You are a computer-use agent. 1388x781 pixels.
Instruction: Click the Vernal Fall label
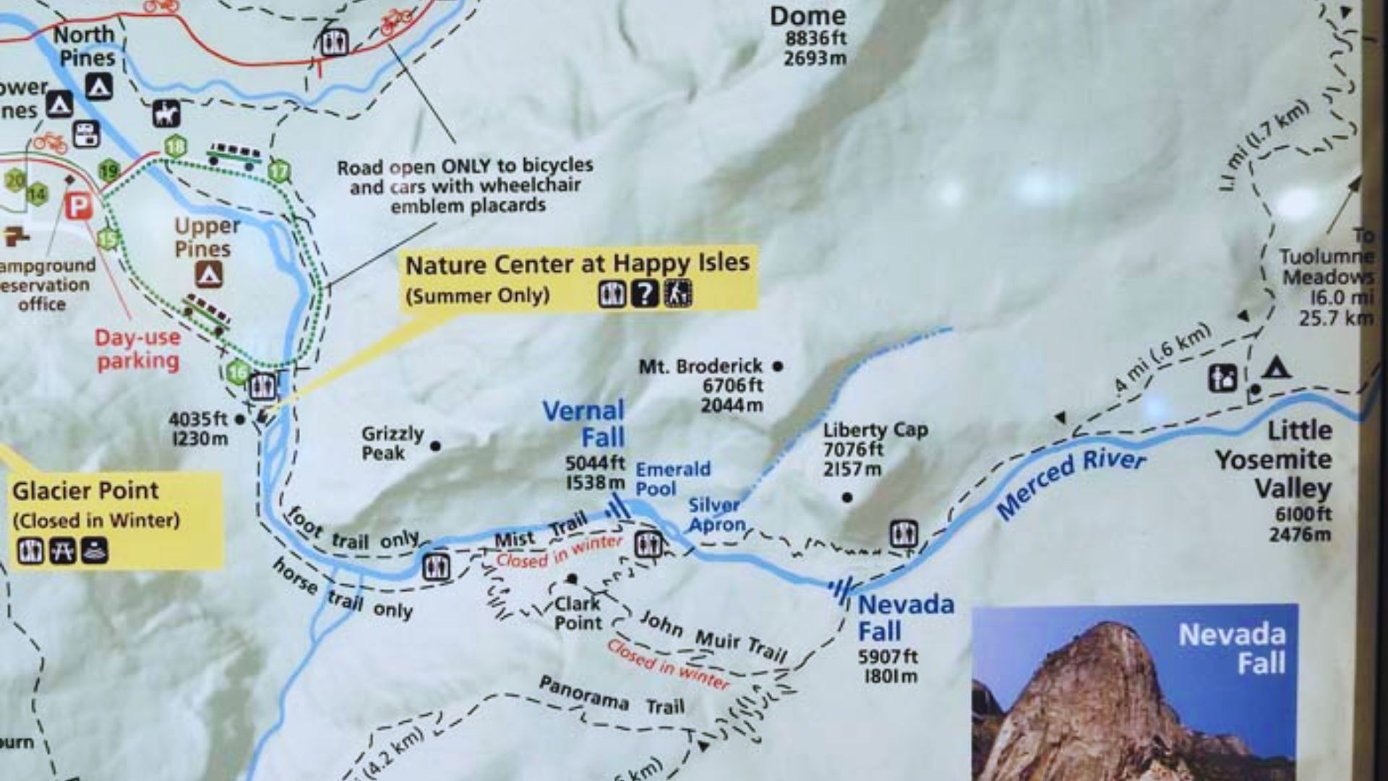pos(584,424)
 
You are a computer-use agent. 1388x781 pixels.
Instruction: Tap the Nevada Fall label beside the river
pos(905,618)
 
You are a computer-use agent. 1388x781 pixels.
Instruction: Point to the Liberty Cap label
pos(875,430)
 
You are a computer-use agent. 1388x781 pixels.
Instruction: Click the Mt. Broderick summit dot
pos(778,366)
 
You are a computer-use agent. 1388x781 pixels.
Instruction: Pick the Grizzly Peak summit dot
pos(435,446)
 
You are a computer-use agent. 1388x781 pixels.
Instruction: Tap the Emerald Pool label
pos(672,479)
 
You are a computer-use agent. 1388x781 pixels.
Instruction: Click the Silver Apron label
pos(716,514)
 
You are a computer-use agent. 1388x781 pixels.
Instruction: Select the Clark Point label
pos(578,613)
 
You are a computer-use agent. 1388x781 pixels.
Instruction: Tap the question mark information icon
pos(644,294)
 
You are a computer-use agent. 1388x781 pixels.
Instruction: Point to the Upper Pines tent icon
pos(208,274)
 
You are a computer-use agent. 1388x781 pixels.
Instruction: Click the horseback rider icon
pos(166,114)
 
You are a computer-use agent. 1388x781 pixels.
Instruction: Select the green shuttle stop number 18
pos(175,147)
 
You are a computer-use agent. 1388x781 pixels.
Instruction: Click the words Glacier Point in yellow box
pos(85,490)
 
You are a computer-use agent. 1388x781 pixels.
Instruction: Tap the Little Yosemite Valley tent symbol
pos(1277,369)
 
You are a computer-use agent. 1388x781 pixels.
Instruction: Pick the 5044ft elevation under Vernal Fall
pos(595,462)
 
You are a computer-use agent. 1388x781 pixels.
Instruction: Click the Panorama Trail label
pos(612,695)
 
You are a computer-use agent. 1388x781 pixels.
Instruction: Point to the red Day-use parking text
pos(137,349)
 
